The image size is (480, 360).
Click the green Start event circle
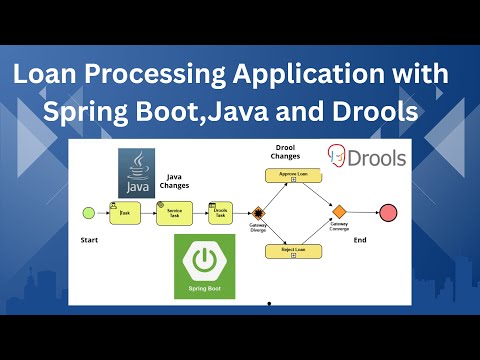(87, 212)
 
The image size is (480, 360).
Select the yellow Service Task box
(173, 212)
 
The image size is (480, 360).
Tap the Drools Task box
(221, 212)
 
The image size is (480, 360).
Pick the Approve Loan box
(293, 175)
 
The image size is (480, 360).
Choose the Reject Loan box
(293, 250)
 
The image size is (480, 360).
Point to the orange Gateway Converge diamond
(339, 212)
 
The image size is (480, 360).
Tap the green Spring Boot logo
(204, 266)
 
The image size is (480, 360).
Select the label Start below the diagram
(89, 241)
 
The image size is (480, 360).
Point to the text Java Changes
(176, 181)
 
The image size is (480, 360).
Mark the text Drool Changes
(293, 153)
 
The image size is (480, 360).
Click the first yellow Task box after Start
(125, 212)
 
